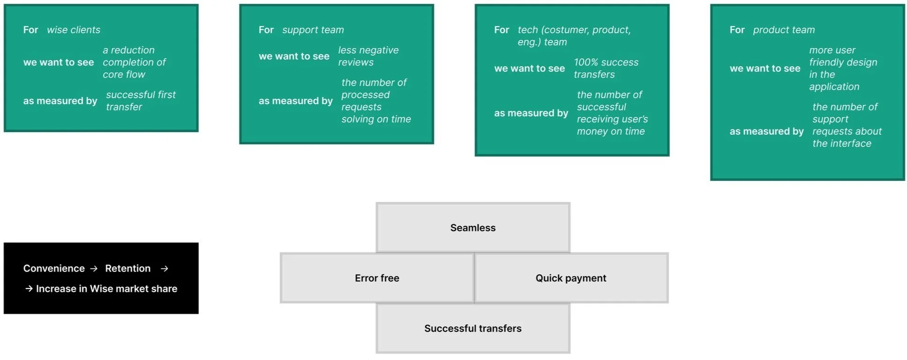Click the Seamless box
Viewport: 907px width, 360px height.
473,228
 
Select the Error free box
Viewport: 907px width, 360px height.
377,278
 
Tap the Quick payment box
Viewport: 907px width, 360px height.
571,278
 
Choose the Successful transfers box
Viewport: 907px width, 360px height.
473,328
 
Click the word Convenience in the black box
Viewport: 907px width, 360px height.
54,268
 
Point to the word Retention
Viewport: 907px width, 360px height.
128,268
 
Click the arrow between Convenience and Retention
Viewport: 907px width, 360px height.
94,269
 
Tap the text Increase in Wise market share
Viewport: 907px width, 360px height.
107,288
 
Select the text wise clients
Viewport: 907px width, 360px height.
73,30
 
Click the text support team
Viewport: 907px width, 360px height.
313,30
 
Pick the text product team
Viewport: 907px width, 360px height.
784,30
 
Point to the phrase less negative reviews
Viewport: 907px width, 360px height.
369,56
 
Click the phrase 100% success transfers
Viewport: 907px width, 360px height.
606,68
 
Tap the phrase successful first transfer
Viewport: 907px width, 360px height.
141,101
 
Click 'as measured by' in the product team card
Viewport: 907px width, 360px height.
767,131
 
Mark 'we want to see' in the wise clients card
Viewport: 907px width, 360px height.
58,62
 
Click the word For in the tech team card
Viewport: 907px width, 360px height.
501,30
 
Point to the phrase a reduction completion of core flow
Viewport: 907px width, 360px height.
134,62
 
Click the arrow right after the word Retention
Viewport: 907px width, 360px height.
164,269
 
